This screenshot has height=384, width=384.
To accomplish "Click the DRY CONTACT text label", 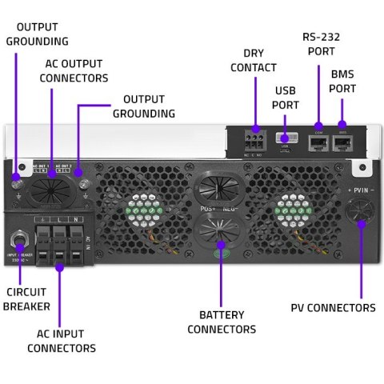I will coord(253,60).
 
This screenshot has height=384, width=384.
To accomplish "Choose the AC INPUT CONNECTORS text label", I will coord(62,340).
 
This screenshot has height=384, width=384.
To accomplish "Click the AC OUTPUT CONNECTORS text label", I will coord(74,71).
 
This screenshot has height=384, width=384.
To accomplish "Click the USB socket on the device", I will coord(286,138).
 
